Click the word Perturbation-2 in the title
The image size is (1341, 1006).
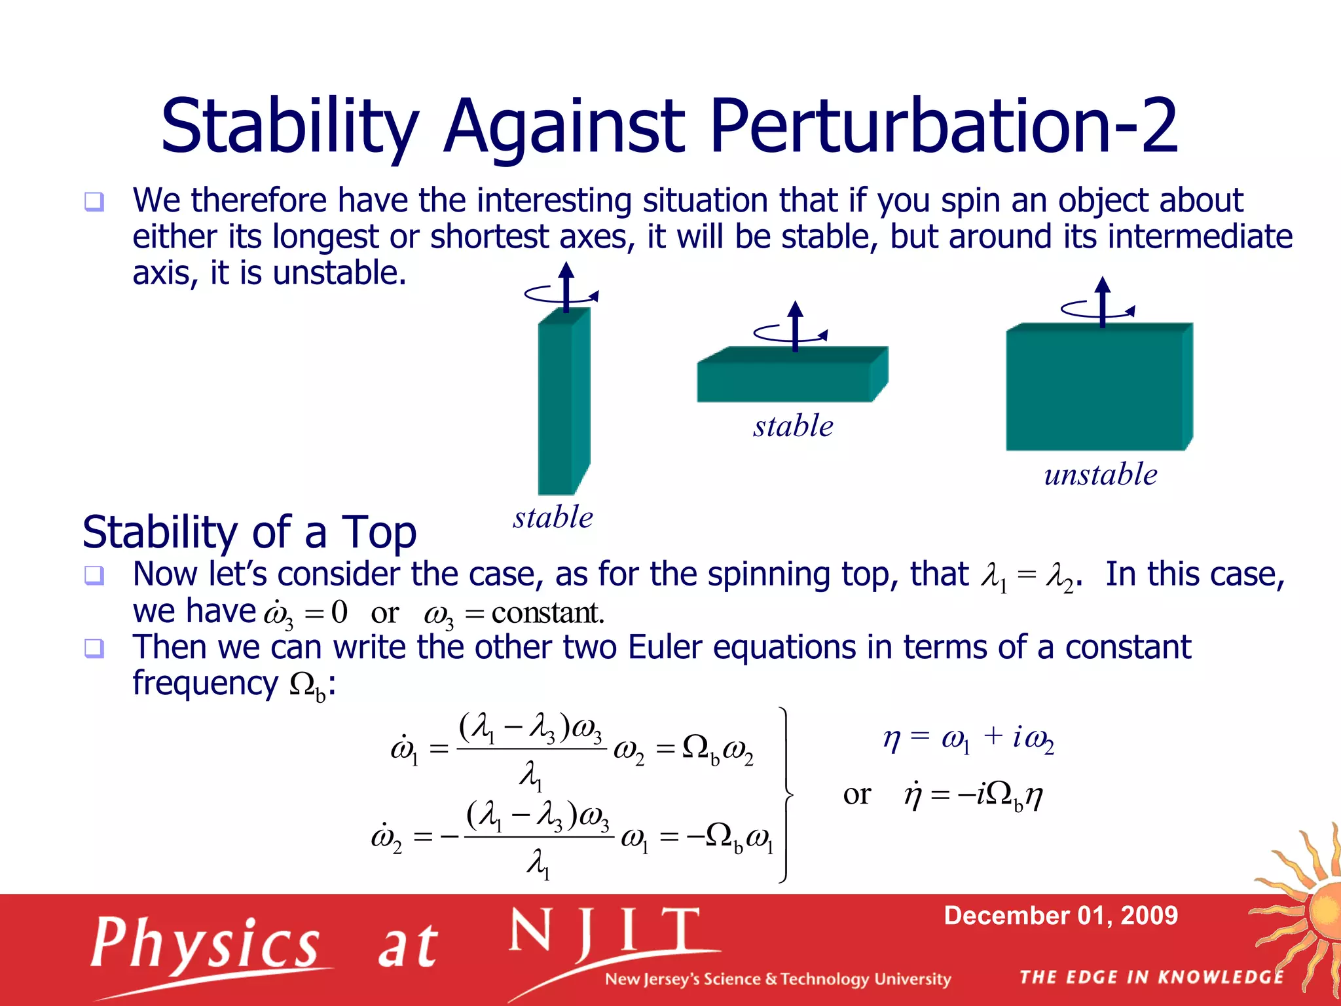coord(943,126)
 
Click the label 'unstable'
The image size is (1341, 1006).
coord(1100,474)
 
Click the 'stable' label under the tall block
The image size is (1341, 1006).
coord(553,517)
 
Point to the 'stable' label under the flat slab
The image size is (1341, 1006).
coord(793,426)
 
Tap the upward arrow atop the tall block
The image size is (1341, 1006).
coord(566,285)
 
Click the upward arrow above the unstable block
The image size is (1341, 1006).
coord(1103,300)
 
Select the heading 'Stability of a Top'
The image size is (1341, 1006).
coord(249,532)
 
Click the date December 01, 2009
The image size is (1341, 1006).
coord(1061,916)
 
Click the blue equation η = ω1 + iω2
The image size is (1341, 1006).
coord(968,739)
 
